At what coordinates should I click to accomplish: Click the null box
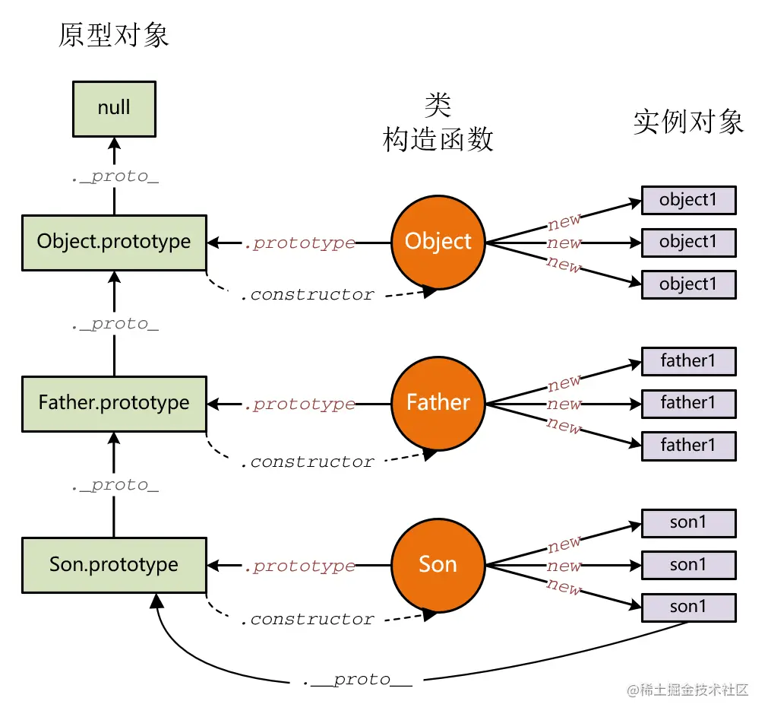tap(114, 108)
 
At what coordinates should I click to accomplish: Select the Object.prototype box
tap(114, 242)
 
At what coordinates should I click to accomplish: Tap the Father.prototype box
tap(114, 403)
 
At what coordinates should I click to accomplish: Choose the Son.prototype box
tap(114, 565)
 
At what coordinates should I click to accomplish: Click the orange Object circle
tap(438, 242)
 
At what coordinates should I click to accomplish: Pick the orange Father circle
tap(438, 403)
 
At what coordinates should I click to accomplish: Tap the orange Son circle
tap(438, 565)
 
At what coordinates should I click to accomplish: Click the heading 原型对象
tap(114, 36)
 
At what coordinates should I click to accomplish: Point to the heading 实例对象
tap(688, 122)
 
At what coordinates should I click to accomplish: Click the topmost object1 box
tap(688, 201)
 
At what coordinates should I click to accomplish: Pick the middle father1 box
tap(688, 403)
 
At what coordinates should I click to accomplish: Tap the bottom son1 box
tap(688, 607)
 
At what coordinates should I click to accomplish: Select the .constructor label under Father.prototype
tap(307, 462)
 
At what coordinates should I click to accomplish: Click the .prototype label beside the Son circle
tap(299, 566)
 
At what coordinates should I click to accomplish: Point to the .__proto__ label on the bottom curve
tap(357, 679)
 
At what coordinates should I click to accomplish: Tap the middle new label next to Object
tap(564, 243)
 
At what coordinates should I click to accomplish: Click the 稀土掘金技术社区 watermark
tap(687, 690)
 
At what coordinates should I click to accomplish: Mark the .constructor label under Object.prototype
tap(307, 294)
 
